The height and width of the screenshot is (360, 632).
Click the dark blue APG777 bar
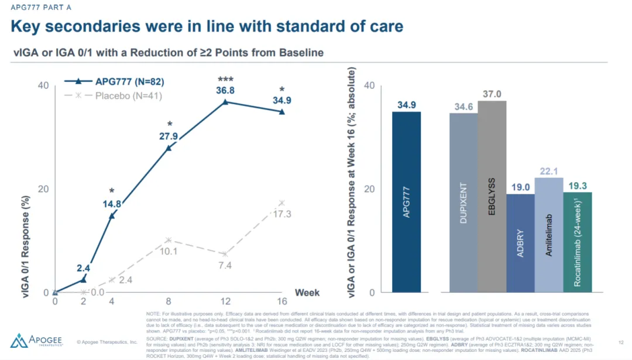[x=406, y=201]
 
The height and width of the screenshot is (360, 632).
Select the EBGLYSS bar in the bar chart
[x=492, y=196]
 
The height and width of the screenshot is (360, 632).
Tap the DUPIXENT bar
[x=463, y=202]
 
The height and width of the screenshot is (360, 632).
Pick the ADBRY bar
[x=520, y=243]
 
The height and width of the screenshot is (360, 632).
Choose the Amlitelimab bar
[x=549, y=235]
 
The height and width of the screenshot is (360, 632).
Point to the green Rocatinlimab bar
[x=578, y=242]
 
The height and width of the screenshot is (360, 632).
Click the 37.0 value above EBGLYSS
[x=492, y=94]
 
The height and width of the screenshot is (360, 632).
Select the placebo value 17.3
[x=282, y=214]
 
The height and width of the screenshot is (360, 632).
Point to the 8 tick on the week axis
[x=169, y=302]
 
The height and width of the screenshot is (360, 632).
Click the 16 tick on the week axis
[x=282, y=302]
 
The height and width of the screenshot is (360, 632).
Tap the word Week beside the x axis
[x=307, y=292]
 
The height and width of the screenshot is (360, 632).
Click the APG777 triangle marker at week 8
[x=169, y=148]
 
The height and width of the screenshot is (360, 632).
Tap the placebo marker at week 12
[x=225, y=253]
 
